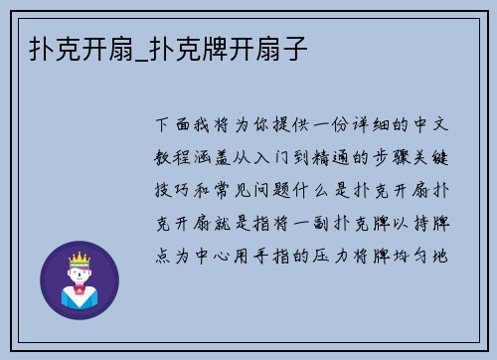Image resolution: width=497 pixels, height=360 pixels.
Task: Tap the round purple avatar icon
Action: pos(79,279)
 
